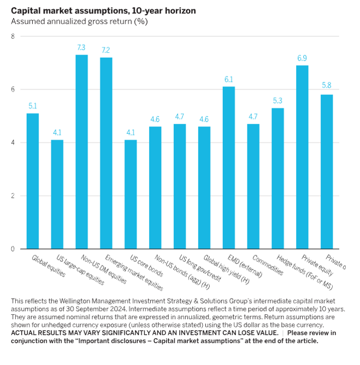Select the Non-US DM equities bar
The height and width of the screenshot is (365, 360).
click(81, 152)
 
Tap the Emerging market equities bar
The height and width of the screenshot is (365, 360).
click(106, 153)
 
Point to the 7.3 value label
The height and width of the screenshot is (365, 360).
click(81, 49)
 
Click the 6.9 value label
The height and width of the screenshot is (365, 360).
click(302, 59)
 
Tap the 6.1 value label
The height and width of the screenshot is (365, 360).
click(229, 80)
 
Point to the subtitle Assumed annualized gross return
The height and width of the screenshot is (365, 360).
click(80, 21)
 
